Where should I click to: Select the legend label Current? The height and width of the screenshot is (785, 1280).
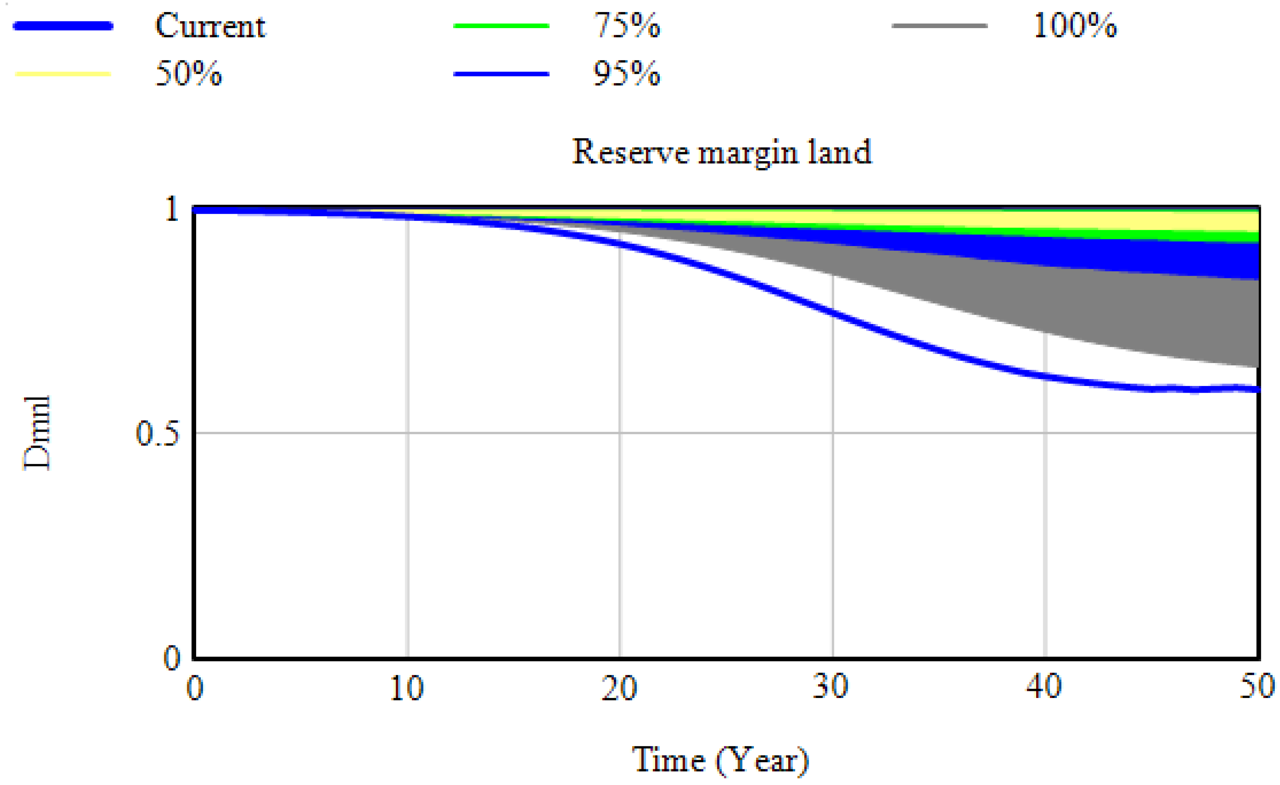tap(210, 26)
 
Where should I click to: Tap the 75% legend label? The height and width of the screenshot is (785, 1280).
tap(627, 26)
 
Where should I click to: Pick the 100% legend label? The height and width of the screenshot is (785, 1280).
tap(1075, 26)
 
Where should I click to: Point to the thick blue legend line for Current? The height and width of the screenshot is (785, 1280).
tap(63, 26)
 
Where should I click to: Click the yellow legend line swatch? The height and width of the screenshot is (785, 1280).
tap(63, 74)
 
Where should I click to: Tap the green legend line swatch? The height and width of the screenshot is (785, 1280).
tap(501, 26)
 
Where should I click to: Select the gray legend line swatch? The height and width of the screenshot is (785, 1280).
tap(940, 26)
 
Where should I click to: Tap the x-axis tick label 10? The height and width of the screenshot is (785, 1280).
tap(407, 688)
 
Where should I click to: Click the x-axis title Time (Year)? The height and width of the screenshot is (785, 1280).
tap(721, 761)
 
